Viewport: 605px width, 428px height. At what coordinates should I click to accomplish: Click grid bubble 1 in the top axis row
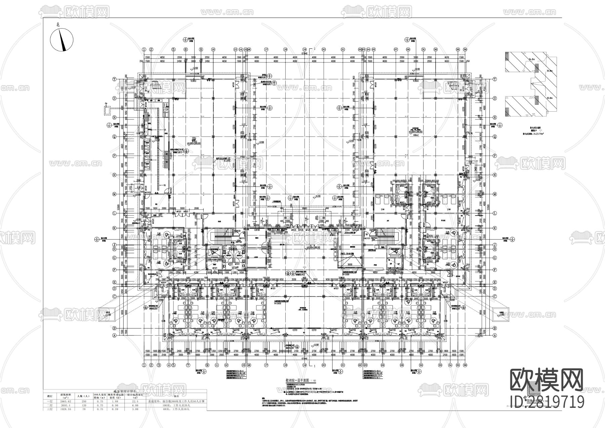[144, 49]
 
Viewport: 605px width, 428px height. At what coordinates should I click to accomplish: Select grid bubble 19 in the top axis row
[305, 49]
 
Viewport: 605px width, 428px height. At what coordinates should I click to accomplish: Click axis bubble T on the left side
[114, 79]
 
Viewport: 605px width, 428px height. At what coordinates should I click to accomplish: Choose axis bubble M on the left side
[114, 194]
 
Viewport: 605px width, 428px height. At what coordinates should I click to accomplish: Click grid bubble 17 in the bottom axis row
[266, 365]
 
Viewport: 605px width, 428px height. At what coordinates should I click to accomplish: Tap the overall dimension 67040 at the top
[305, 53]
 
